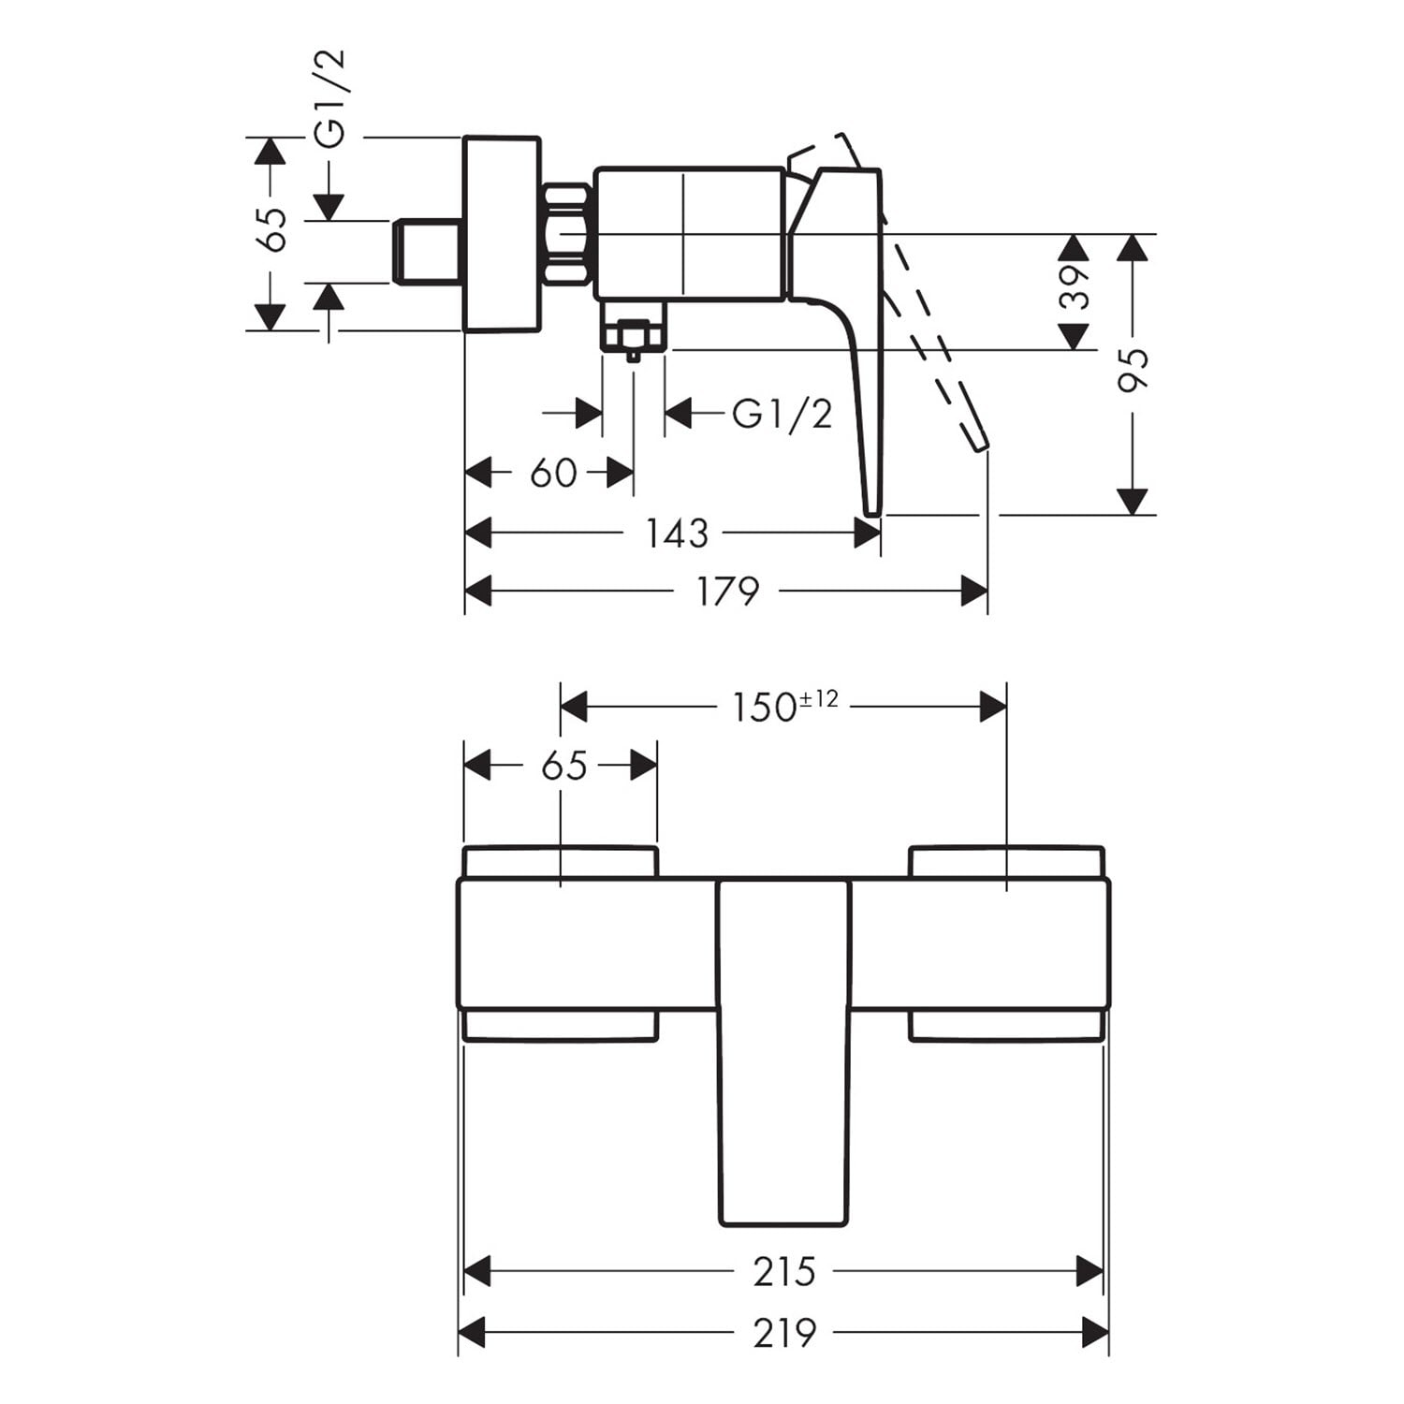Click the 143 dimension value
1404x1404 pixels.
tap(676, 534)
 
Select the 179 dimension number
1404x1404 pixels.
tap(728, 592)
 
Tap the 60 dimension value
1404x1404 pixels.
tap(553, 474)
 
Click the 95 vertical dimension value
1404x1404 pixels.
tap(1133, 370)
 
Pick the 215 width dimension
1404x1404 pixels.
tap(784, 1272)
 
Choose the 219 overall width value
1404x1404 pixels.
tap(784, 1332)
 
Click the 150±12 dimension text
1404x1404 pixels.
tap(784, 707)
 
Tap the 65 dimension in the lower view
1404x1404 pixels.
tap(563, 766)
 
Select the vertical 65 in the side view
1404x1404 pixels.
tap(272, 229)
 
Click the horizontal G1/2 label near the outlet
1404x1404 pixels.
tap(782, 413)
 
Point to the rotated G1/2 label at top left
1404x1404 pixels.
tap(329, 98)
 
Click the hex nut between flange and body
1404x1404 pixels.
tap(566, 234)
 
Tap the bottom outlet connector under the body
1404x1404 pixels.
tap(634, 328)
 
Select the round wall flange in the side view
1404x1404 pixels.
tap(503, 234)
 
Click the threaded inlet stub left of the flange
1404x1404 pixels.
tap(427, 251)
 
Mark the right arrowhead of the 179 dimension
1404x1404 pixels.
tap(974, 592)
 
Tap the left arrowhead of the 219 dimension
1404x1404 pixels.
tap(472, 1332)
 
